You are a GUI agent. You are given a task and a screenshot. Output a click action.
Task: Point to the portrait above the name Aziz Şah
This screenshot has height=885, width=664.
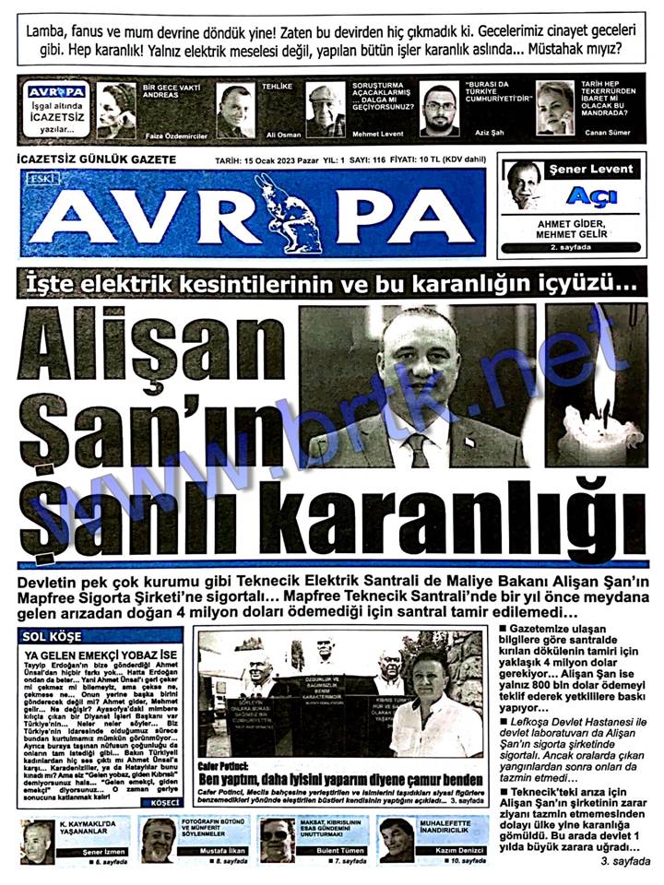click(x=439, y=109)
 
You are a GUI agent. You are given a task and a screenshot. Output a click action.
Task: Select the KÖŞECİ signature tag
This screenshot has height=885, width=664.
click(x=160, y=804)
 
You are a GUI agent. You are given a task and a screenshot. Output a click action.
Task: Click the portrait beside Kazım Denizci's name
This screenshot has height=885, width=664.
click(x=397, y=840)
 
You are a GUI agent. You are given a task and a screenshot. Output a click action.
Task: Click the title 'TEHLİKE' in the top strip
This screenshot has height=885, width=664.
click(x=277, y=87)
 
